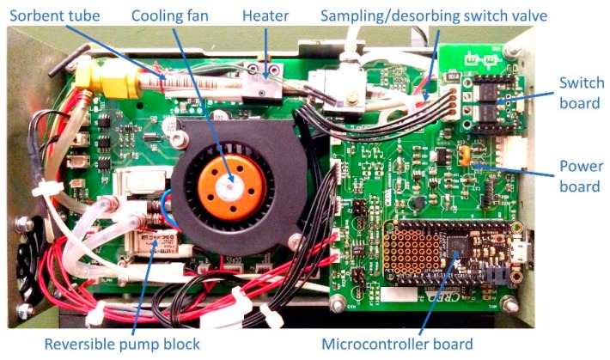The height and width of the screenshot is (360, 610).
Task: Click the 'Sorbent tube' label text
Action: tap(53, 15)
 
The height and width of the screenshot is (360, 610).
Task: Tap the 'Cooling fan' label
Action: tap(169, 15)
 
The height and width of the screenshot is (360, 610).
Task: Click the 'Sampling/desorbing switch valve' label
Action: tap(434, 15)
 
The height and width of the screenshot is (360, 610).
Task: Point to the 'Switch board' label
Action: tap(582, 94)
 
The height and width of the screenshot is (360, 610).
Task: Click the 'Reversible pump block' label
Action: tap(122, 345)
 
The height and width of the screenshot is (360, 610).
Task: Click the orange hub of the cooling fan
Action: tap(229, 181)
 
